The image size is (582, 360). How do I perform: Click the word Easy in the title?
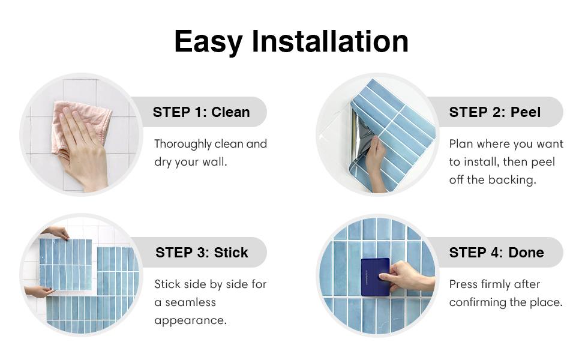click(x=208, y=41)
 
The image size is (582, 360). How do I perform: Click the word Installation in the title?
click(x=330, y=41)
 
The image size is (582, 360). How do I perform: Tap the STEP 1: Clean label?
click(x=201, y=112)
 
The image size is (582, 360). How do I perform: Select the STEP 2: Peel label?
click(x=494, y=112)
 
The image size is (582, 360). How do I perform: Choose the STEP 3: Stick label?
click(x=202, y=253)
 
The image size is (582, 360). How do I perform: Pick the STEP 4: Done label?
click(x=496, y=253)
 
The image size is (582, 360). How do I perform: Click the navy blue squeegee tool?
click(x=374, y=277)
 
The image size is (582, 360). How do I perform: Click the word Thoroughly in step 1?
click(x=183, y=144)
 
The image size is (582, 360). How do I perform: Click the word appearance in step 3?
click(x=190, y=320)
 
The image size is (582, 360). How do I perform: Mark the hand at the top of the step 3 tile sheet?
click(x=57, y=232)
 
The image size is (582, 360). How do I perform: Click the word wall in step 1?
click(x=214, y=162)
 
